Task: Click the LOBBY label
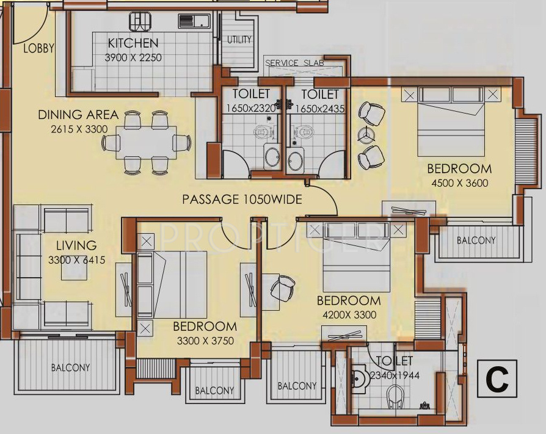(x=38, y=48)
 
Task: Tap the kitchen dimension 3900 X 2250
(x=133, y=57)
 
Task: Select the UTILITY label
(x=239, y=40)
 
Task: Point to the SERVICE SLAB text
(x=294, y=63)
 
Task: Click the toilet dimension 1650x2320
(x=251, y=109)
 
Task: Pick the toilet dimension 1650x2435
(x=320, y=109)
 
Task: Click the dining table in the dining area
(x=146, y=142)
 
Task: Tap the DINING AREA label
(x=78, y=115)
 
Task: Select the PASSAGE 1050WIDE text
(x=242, y=200)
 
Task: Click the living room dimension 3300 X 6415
(x=76, y=260)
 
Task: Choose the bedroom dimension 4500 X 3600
(x=460, y=183)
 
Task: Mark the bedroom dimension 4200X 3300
(x=349, y=315)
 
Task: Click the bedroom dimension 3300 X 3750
(x=205, y=341)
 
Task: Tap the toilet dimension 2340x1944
(x=395, y=375)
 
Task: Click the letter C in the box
(x=497, y=379)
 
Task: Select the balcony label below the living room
(x=71, y=367)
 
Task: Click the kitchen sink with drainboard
(x=194, y=21)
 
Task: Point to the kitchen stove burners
(x=140, y=21)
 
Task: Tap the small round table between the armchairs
(x=366, y=135)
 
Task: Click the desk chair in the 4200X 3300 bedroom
(x=282, y=288)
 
